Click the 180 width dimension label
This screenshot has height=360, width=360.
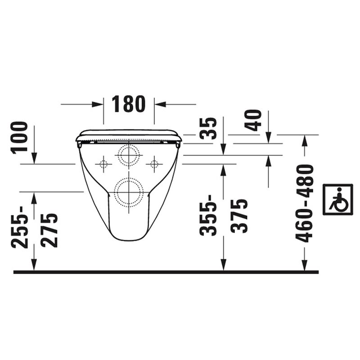[x=129, y=104]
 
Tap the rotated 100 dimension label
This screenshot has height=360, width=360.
[x=19, y=138]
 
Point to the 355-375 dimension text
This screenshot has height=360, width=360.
[x=224, y=216]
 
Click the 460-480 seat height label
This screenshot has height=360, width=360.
[x=305, y=203]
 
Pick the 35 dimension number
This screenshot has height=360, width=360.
[x=208, y=129]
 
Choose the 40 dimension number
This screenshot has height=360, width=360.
[x=253, y=120]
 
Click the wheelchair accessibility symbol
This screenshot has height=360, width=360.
[x=337, y=199]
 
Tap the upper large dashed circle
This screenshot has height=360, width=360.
[x=129, y=155]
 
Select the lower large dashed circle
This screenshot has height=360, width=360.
[x=129, y=193]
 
